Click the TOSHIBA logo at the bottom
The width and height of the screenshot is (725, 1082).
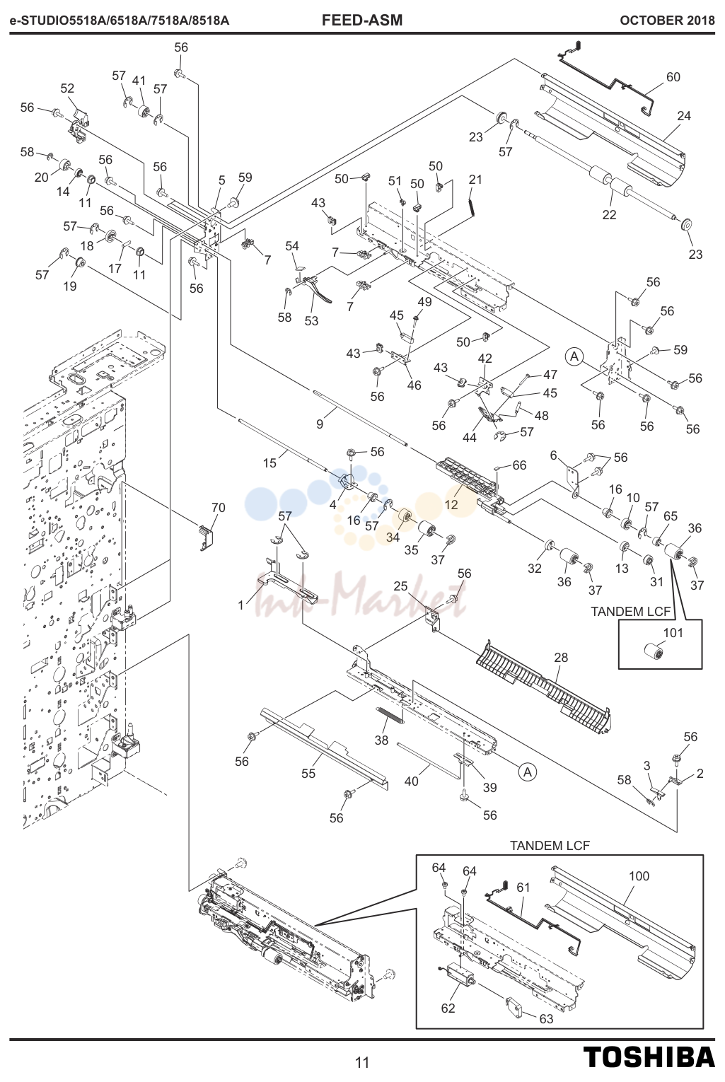point(649,1057)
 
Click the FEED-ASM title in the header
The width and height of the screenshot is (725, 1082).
point(361,20)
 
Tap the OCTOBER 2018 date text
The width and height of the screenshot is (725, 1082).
point(667,21)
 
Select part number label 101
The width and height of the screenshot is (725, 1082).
point(673,633)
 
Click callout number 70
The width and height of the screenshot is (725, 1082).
point(219,508)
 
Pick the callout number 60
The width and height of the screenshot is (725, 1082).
point(673,77)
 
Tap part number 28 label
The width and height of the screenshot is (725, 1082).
point(561,658)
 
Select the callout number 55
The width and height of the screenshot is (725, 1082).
point(308,774)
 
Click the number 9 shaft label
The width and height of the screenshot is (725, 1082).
point(320,424)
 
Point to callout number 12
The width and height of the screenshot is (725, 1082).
point(451,505)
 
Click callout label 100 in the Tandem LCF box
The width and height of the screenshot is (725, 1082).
point(639,876)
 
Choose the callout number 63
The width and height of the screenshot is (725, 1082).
point(546,1019)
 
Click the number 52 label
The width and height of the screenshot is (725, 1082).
point(68,88)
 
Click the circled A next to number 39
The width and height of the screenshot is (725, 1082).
point(528,772)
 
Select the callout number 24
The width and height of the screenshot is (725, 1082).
point(684,116)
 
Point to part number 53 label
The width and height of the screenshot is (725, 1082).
point(311,321)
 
